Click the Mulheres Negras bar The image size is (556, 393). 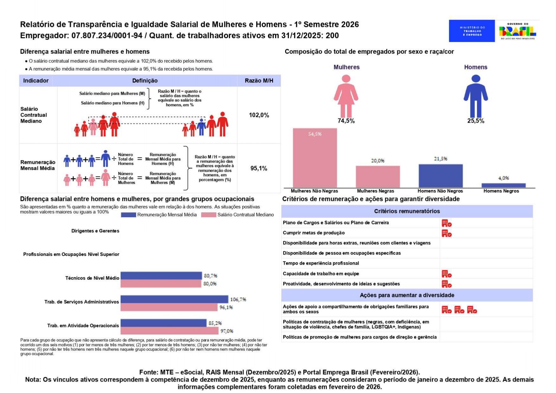click(x=378, y=177)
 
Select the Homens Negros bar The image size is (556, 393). click(x=503, y=185)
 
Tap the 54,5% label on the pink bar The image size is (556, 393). click(x=315, y=134)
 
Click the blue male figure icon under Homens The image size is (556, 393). click(x=476, y=96)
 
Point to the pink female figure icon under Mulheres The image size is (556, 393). click(x=346, y=96)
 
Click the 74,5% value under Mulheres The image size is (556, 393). click(x=346, y=121)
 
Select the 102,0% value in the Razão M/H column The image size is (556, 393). click(x=259, y=115)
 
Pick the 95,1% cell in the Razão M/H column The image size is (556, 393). click(x=259, y=168)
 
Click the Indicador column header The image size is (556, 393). click(x=36, y=81)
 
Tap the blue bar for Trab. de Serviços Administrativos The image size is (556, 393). click(x=174, y=299)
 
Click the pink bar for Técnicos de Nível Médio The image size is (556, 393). click(x=161, y=284)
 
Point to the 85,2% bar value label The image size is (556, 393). click(x=215, y=323)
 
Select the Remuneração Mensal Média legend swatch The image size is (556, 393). click(x=128, y=215)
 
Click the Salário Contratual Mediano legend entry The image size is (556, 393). click(x=238, y=215)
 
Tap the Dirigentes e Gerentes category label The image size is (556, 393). click(x=95, y=231)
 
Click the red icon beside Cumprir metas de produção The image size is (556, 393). click(x=447, y=234)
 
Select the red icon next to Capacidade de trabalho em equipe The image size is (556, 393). click(x=447, y=274)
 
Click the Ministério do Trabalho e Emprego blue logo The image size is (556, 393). click(x=472, y=31)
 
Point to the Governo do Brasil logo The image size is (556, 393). click(x=517, y=31)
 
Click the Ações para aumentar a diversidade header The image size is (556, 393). click(x=407, y=295)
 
